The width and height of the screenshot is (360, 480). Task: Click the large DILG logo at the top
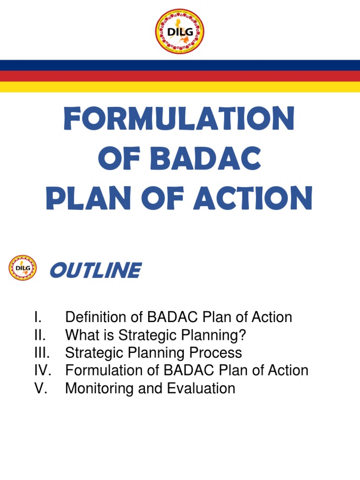click(180, 31)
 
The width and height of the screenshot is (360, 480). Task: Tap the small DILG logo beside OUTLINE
click(22, 268)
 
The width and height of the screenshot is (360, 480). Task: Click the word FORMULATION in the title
click(180, 119)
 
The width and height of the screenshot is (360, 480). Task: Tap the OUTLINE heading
click(95, 270)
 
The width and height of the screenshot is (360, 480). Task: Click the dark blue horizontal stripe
click(180, 65)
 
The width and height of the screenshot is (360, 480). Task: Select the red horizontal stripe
click(180, 76)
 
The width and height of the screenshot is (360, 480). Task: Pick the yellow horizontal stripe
click(180, 87)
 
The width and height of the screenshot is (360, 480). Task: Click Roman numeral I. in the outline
click(38, 317)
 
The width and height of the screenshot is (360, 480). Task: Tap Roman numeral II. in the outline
click(40, 335)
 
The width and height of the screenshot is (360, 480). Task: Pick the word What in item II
click(81, 335)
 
